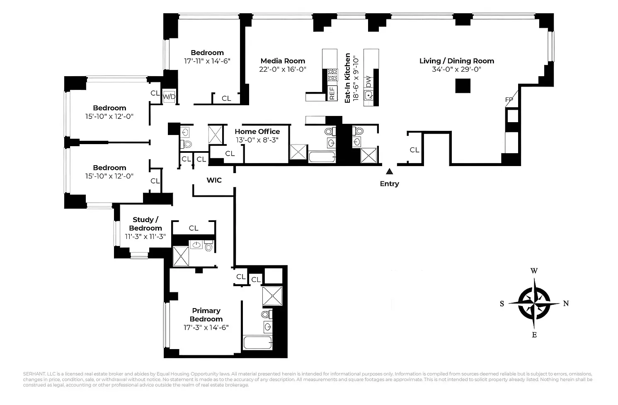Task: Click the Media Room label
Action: (x=283, y=61)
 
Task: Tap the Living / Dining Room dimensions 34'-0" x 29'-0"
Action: (x=456, y=70)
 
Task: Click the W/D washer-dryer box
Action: (x=169, y=97)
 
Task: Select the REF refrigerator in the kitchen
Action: (x=332, y=93)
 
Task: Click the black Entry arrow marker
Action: (x=389, y=171)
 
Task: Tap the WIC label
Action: (x=214, y=181)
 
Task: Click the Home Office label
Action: (x=257, y=132)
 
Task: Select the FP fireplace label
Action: (x=509, y=100)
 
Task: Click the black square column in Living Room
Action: (x=463, y=85)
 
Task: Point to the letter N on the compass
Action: (x=566, y=304)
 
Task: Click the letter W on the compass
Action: (x=534, y=271)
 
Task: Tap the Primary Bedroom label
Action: (x=206, y=315)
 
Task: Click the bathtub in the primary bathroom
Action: (x=257, y=343)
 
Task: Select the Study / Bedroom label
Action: (x=145, y=224)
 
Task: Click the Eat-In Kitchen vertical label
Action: (x=348, y=77)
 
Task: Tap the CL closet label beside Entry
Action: (x=414, y=150)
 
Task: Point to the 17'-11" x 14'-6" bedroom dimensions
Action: (x=207, y=61)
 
